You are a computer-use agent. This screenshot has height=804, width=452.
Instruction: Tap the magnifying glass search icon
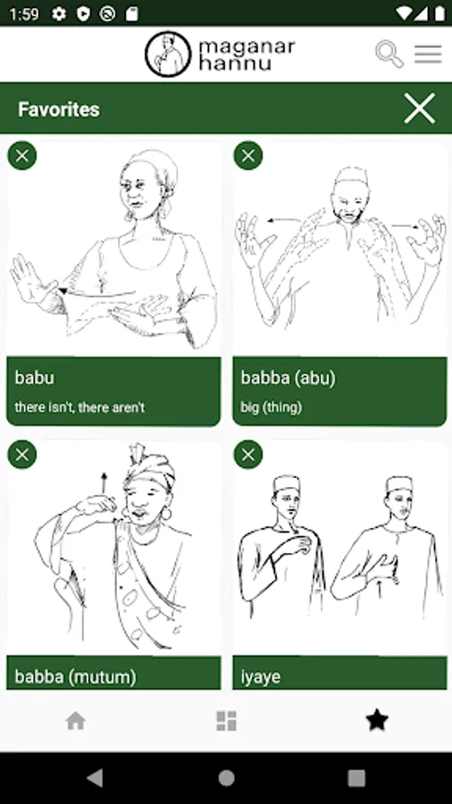(x=389, y=54)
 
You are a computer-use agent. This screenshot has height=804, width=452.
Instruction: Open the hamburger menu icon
(x=428, y=54)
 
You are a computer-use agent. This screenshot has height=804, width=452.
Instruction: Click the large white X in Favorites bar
(x=419, y=108)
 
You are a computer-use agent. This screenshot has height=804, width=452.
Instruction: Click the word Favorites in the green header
(x=59, y=109)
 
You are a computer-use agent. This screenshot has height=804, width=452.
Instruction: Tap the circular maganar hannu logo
(x=168, y=54)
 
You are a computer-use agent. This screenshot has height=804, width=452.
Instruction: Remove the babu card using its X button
(x=22, y=155)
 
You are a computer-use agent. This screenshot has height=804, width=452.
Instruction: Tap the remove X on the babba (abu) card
(x=248, y=155)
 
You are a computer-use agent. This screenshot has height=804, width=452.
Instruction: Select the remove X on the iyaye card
(x=248, y=455)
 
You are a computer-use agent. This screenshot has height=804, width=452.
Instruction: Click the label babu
(x=34, y=377)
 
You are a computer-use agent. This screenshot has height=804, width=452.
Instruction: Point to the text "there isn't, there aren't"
(x=80, y=407)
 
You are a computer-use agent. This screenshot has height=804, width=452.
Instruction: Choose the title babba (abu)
(x=288, y=379)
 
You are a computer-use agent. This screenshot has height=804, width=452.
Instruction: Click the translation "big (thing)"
(x=271, y=408)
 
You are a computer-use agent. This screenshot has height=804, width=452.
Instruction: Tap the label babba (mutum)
(x=75, y=677)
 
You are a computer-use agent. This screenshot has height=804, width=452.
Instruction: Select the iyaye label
(x=260, y=677)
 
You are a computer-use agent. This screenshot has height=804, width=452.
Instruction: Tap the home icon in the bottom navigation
(x=75, y=722)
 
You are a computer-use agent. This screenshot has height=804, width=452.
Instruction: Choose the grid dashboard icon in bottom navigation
(x=226, y=721)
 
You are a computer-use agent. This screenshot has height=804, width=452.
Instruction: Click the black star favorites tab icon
(x=377, y=720)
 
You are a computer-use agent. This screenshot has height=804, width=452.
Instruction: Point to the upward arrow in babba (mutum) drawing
(x=104, y=483)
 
